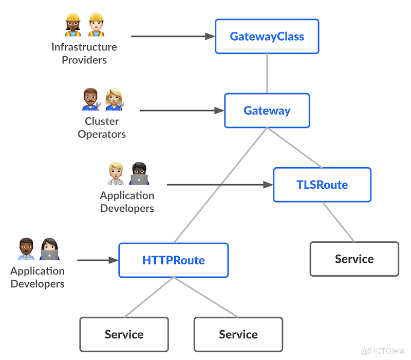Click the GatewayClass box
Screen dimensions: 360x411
click(x=267, y=37)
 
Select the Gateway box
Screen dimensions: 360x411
click(x=267, y=111)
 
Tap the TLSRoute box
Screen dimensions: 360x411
click(x=322, y=185)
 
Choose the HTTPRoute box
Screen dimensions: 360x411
click(x=173, y=260)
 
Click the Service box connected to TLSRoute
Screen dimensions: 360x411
click(x=354, y=259)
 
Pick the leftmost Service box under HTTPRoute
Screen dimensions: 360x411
click(x=124, y=334)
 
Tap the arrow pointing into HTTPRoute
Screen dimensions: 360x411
click(x=98, y=260)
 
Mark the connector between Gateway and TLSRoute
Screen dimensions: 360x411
click(x=294, y=148)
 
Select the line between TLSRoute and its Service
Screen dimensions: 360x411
click(x=338, y=222)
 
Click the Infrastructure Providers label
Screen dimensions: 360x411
click(x=84, y=53)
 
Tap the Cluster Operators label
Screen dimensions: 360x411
click(x=102, y=128)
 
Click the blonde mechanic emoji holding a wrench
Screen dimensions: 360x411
click(x=114, y=99)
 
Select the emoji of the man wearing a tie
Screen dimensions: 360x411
click(x=26, y=249)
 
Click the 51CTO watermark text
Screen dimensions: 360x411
click(x=383, y=351)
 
